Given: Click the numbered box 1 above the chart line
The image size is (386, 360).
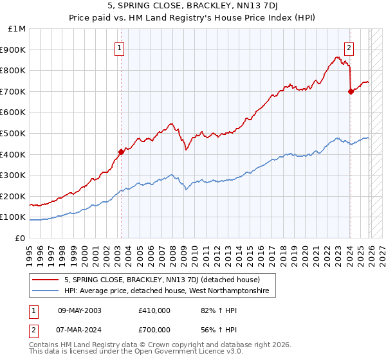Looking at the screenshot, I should pos(120,46).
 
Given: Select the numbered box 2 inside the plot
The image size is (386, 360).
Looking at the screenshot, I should pos(349,46).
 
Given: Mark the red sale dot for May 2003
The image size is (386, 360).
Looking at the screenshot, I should pos(121,152).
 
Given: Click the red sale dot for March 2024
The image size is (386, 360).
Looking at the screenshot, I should pos(351,91).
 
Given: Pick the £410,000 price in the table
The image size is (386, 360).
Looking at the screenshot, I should pos(154,310).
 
